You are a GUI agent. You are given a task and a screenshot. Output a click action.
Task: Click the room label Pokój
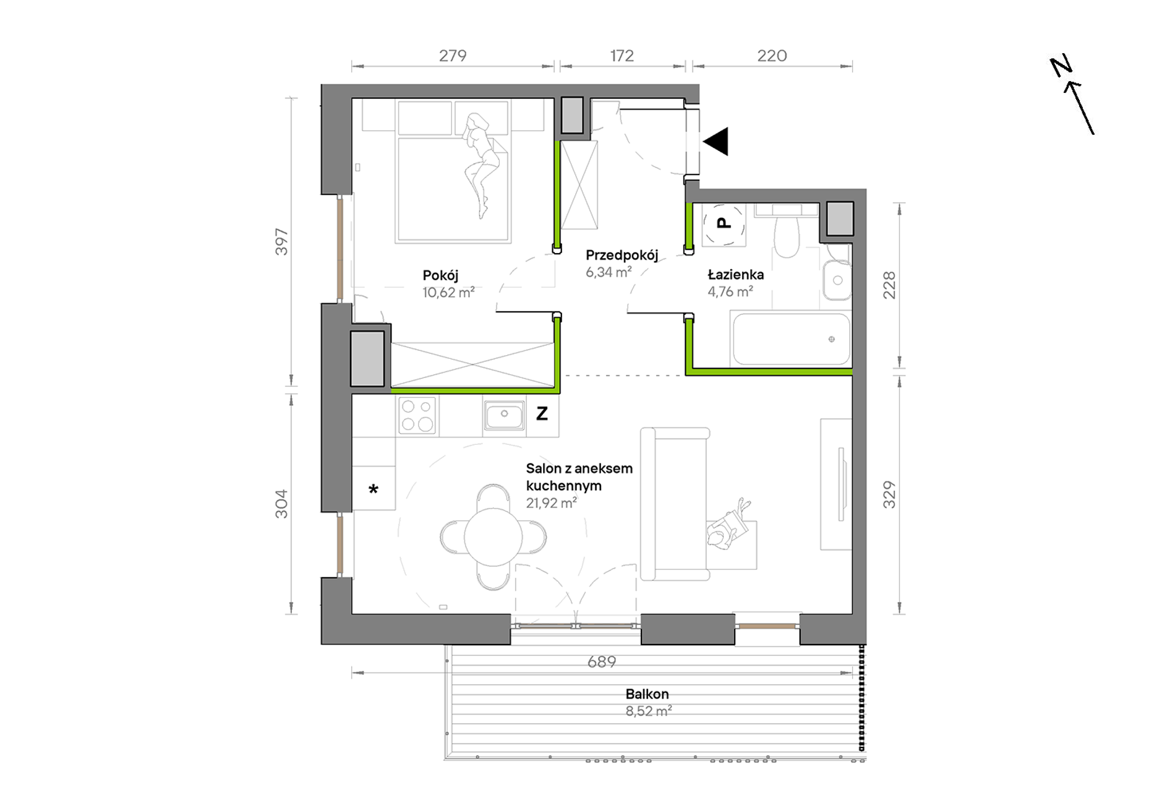(x=440, y=275)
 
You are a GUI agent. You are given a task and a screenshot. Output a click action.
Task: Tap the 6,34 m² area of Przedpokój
(x=609, y=272)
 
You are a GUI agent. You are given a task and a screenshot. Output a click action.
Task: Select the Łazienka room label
(x=735, y=274)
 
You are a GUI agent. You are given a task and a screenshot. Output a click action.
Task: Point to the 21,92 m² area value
(x=551, y=503)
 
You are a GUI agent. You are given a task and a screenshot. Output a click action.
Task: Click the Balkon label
(x=647, y=694)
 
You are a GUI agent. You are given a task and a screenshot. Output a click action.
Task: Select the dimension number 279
(x=453, y=56)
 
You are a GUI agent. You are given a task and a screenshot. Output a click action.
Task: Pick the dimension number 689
(x=602, y=662)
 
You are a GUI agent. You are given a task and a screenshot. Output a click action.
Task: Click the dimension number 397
(x=281, y=242)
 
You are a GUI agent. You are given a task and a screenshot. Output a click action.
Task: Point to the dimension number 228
(x=889, y=285)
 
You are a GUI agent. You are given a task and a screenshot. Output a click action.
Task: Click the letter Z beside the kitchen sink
(x=542, y=413)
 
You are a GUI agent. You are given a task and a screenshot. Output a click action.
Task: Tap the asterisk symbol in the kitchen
(x=374, y=490)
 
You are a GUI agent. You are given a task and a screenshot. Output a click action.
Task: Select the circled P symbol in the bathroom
(x=724, y=223)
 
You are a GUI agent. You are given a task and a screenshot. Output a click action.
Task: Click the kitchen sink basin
(x=504, y=415)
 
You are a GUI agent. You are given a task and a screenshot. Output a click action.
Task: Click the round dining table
(x=493, y=536)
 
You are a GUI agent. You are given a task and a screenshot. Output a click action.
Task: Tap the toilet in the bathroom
(x=787, y=236)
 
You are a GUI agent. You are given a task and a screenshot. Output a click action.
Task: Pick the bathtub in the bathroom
(x=791, y=340)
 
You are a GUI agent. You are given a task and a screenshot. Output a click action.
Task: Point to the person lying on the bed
(x=481, y=165)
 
